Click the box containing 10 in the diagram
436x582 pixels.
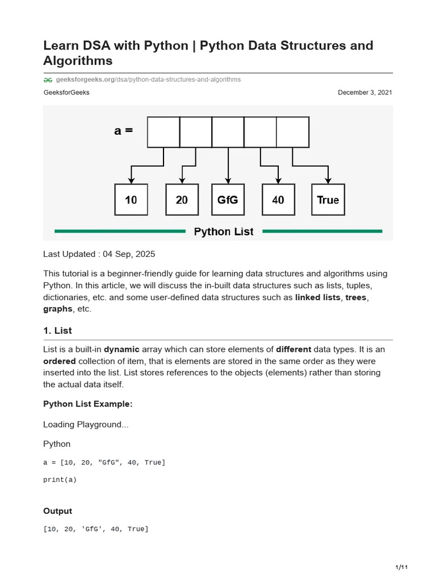point(131,199)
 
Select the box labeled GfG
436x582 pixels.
point(228,199)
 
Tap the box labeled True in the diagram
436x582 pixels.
point(328,199)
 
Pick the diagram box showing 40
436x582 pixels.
point(278,199)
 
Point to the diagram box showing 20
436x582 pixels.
point(182,199)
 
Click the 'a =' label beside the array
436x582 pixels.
point(123,131)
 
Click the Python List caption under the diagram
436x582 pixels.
point(224,231)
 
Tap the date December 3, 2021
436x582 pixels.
point(364,93)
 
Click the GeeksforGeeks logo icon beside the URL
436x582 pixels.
point(48,80)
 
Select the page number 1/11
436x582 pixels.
point(401,568)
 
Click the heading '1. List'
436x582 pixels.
point(57,330)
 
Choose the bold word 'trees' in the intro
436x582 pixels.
point(356,297)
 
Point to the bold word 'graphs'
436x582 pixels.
point(58,309)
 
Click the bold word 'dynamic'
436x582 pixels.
point(121,349)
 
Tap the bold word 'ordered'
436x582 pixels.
point(60,361)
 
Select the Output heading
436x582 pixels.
point(57,511)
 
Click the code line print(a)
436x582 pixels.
point(60,479)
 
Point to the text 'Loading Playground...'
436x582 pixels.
point(86,425)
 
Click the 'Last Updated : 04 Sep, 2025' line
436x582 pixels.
point(99,254)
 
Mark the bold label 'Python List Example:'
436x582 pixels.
point(88,404)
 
